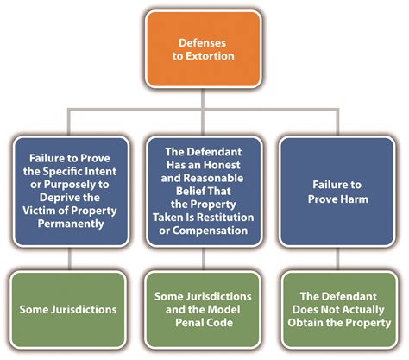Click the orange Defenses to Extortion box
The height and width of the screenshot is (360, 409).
click(x=204, y=49)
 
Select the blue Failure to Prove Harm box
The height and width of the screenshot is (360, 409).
click(x=337, y=192)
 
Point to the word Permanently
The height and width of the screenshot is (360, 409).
click(x=71, y=224)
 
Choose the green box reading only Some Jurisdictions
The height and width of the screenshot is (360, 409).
click(x=68, y=310)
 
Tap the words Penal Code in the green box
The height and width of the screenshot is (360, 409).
click(x=204, y=323)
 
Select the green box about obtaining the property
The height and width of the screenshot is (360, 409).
click(x=339, y=310)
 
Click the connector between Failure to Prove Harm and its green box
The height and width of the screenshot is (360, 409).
click(x=337, y=259)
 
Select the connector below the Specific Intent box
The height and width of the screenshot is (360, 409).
click(x=69, y=259)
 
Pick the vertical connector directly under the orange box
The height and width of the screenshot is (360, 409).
click(x=203, y=98)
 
